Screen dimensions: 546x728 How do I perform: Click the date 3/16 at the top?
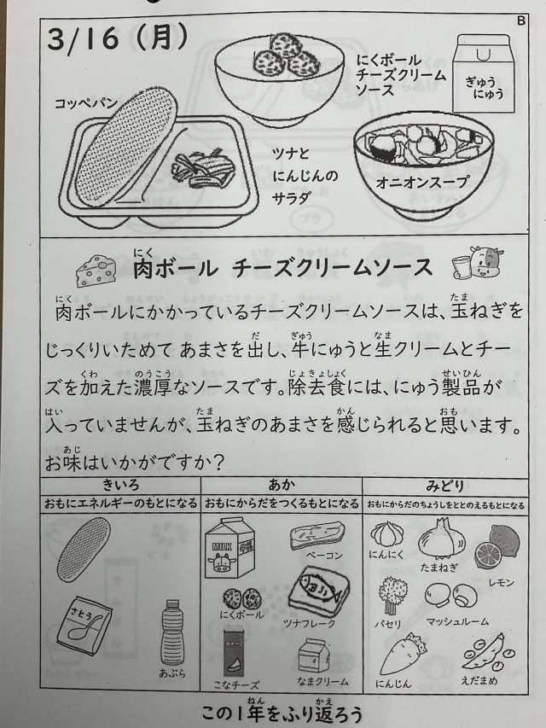tap(83, 38)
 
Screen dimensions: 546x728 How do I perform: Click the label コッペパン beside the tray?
tap(86, 103)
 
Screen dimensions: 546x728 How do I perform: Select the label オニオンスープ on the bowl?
tap(421, 182)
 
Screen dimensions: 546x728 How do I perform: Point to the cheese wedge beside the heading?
tap(96, 270)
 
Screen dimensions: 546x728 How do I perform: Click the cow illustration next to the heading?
tap(478, 263)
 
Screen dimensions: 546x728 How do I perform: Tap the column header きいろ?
tap(120, 486)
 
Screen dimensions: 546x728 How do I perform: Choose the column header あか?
tap(282, 486)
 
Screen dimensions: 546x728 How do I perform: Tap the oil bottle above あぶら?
tap(171, 632)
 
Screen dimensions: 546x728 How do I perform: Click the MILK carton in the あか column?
tap(229, 548)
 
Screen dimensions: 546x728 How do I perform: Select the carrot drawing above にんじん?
tap(402, 655)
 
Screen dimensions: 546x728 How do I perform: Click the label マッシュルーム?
tap(457, 621)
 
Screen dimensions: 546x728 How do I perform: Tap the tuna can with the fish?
tap(318, 591)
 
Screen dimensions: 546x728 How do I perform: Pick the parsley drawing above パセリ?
tap(392, 595)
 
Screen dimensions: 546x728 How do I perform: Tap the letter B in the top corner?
tap(520, 20)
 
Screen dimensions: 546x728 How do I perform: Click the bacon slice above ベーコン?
tap(317, 535)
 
